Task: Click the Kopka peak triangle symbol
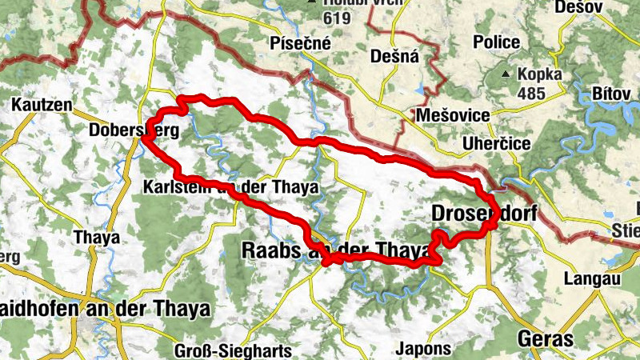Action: coord(505,75)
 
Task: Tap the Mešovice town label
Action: coord(453,116)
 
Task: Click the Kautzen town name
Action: coord(42,105)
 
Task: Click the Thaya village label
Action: coord(96,237)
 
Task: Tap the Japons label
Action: coord(424,349)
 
